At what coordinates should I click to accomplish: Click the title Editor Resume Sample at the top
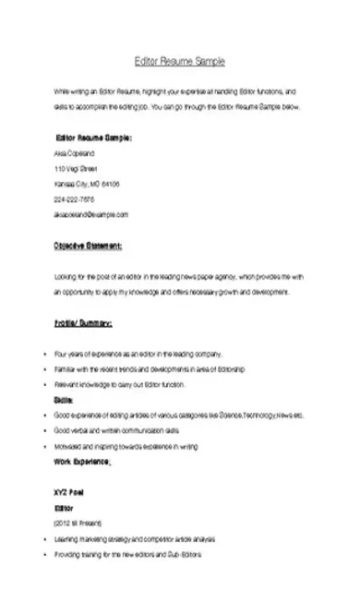pyautogui.click(x=179, y=61)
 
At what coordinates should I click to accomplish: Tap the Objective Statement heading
pyautogui.click(x=88, y=247)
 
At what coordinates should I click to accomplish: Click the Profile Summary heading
pyautogui.click(x=82, y=324)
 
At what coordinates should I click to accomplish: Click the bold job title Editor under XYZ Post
pyautogui.click(x=64, y=508)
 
